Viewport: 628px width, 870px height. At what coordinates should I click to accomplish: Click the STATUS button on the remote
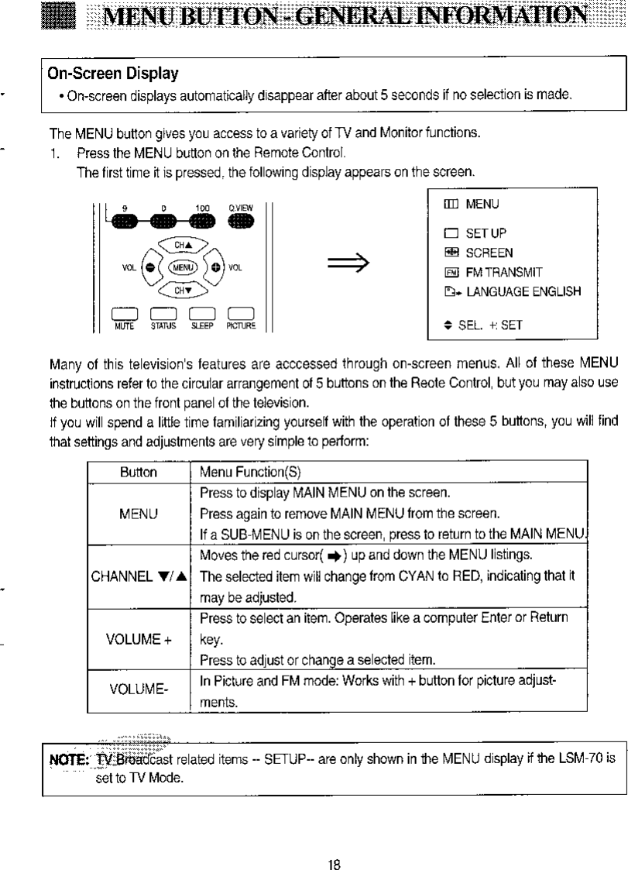click(x=160, y=312)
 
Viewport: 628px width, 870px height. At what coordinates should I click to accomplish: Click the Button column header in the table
click(x=139, y=472)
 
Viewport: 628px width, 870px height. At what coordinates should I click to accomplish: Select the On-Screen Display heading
click(x=113, y=74)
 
